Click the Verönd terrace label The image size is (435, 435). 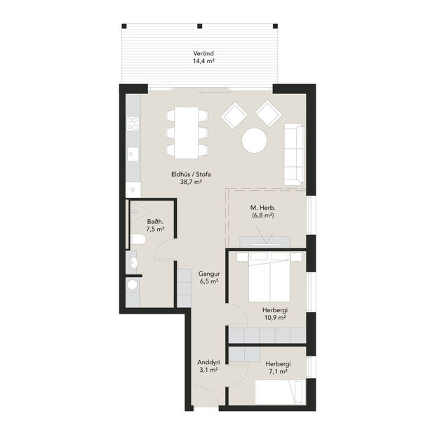(203, 53)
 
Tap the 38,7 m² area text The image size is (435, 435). (191, 182)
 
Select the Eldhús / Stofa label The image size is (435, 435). (191, 173)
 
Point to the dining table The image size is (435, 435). (187, 131)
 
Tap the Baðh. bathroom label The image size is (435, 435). (156, 220)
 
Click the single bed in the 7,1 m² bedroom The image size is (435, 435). (279, 391)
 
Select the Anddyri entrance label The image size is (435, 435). (208, 363)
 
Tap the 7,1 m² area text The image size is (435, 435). (278, 372)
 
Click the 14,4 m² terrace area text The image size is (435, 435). (203, 62)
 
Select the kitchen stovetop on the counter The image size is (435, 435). (133, 126)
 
